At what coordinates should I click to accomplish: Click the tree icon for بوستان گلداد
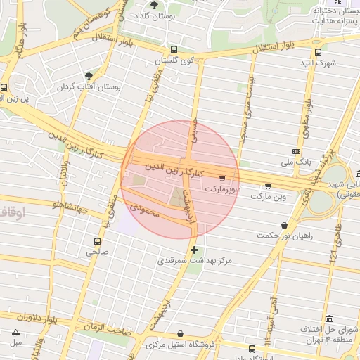tap(154, 5)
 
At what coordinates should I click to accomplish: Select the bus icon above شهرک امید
tap(318, 52)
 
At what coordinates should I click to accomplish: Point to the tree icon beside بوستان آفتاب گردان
tap(89, 76)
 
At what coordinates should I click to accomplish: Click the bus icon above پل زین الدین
tap(5, 88)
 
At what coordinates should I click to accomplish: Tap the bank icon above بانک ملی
tap(296, 151)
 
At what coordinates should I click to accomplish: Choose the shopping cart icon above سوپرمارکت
tap(223, 179)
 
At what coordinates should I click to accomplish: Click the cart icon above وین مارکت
tap(268, 186)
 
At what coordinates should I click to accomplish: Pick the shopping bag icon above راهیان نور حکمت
tap(284, 226)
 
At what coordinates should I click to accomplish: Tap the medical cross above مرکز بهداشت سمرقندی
tap(194, 249)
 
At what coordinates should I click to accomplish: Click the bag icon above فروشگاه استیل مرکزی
tap(182, 333)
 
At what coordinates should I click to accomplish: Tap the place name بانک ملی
tap(295, 162)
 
